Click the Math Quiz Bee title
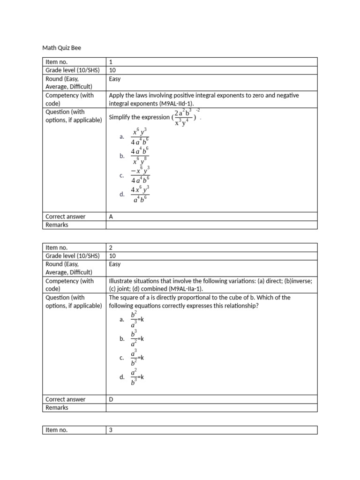point(65,47)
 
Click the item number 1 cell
point(111,62)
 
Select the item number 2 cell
point(111,247)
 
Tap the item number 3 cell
point(111,430)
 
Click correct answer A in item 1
point(111,217)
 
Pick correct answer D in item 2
point(111,399)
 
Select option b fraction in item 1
point(140,156)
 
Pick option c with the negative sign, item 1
point(140,175)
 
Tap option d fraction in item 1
point(140,195)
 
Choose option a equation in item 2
point(137,319)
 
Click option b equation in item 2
point(137,338)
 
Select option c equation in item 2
point(137,358)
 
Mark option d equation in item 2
point(137,377)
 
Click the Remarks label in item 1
point(57,225)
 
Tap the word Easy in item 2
point(115,264)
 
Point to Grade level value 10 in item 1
point(112,70)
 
